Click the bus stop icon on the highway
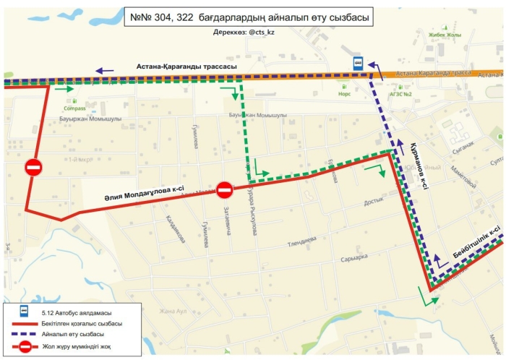pyautogui.click(x=357, y=63)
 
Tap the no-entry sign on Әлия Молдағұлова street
pyautogui.click(x=225, y=190)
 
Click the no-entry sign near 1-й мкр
pyautogui.click(x=33, y=168)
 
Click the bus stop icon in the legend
pyautogui.click(x=24, y=311)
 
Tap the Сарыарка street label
pyautogui.click(x=354, y=258)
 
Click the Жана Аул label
pyautogui.click(x=173, y=311)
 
